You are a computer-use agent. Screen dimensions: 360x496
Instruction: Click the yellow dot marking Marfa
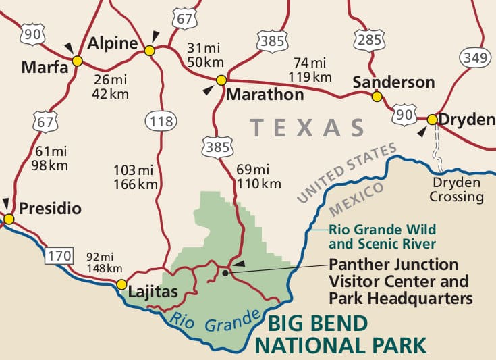[77, 61]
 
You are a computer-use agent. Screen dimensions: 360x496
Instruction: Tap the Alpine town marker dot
[149, 50]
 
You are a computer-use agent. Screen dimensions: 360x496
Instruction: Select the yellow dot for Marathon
[221, 80]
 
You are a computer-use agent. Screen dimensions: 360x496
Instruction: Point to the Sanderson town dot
[377, 97]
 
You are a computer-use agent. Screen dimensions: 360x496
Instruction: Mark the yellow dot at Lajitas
[121, 284]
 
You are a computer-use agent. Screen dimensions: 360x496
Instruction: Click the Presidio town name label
[50, 209]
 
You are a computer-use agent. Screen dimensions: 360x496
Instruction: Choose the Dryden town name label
[466, 120]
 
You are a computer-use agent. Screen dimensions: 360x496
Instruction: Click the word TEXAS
[307, 128]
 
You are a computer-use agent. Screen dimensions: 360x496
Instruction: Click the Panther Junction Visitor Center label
[399, 280]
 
